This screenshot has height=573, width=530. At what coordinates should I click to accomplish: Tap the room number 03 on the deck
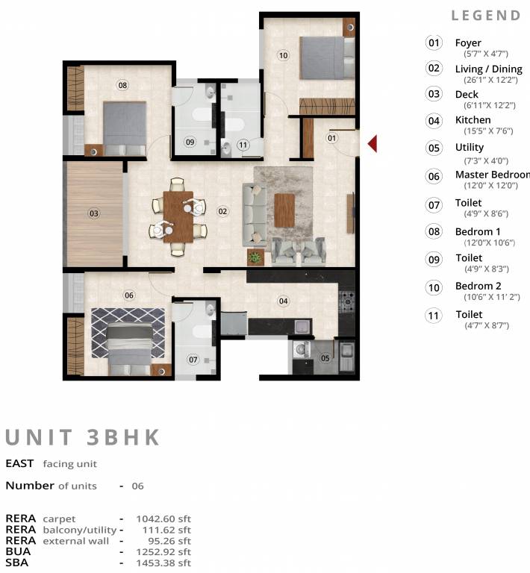tap(94, 213)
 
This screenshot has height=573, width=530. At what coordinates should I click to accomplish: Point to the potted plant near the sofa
tap(255, 257)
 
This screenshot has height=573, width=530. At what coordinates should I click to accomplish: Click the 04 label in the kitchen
tap(284, 301)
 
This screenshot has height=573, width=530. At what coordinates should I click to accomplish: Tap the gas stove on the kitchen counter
tap(347, 301)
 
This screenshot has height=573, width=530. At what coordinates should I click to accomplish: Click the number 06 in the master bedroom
tap(129, 295)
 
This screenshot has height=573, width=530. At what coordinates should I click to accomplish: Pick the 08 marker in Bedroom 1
tap(122, 86)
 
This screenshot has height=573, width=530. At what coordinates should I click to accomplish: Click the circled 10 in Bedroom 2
tap(283, 54)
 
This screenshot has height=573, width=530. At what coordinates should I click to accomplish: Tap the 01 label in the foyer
tap(332, 137)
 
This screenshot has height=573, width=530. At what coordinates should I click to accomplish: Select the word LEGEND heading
tap(486, 16)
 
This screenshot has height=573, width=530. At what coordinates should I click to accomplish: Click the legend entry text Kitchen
tap(473, 119)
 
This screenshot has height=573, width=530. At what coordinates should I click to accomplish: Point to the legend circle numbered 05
tap(434, 148)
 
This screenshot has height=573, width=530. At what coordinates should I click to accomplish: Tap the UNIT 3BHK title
tap(83, 436)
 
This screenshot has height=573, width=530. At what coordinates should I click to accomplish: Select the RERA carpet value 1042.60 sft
tap(163, 519)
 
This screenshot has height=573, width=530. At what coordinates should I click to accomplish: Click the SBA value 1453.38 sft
tap(163, 563)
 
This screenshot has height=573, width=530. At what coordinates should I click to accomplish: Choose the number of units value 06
tap(137, 486)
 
